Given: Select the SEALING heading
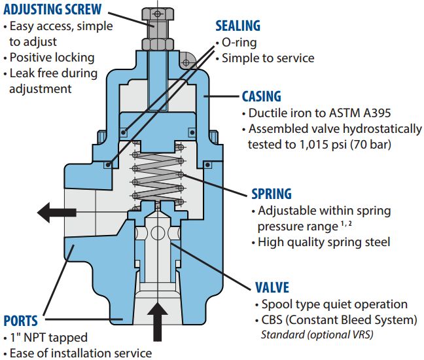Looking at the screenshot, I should [x=238, y=26].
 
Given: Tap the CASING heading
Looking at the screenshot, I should [x=261, y=96].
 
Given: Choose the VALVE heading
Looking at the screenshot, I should [x=271, y=288].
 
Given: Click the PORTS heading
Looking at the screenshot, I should [x=20, y=321].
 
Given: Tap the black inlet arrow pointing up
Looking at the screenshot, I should [x=157, y=320].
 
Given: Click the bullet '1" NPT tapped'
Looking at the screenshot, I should [x=49, y=338].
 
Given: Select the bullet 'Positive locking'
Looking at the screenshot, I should [x=52, y=58].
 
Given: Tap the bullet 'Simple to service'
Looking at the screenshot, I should [x=268, y=58].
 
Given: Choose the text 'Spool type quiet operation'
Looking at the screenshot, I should [x=334, y=304].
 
